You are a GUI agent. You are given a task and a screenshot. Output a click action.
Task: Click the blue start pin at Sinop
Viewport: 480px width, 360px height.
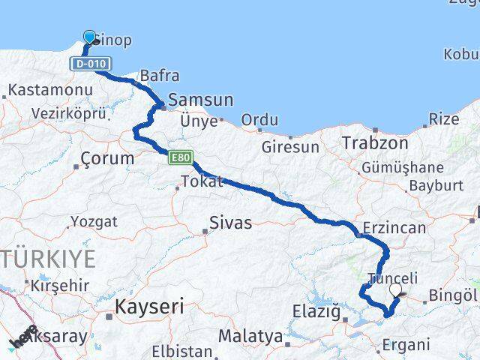pos(90,37)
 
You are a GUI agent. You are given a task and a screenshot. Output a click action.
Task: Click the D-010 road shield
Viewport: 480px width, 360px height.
pos(89,64)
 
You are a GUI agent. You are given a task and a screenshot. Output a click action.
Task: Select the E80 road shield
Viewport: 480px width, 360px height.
pos(181,157)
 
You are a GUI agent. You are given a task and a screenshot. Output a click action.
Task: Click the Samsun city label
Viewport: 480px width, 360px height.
pos(201,100)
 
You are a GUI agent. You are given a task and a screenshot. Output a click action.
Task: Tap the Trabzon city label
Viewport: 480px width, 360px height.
pos(375,142)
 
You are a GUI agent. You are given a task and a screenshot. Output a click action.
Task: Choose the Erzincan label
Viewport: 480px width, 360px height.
pos(394,227)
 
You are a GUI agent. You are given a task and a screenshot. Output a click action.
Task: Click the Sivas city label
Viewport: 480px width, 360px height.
pos(230,223)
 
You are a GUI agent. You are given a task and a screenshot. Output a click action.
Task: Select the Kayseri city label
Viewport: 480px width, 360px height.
pos(148,307)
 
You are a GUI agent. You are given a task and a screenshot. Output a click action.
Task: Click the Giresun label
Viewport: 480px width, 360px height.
pos(290,147)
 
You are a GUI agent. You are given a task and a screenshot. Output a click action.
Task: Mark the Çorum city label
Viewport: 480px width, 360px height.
pos(107,158)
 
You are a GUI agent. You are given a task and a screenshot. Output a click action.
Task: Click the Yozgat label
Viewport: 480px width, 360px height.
pos(94,221)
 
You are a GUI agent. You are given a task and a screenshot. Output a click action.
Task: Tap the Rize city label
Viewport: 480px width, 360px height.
pos(443,118)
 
